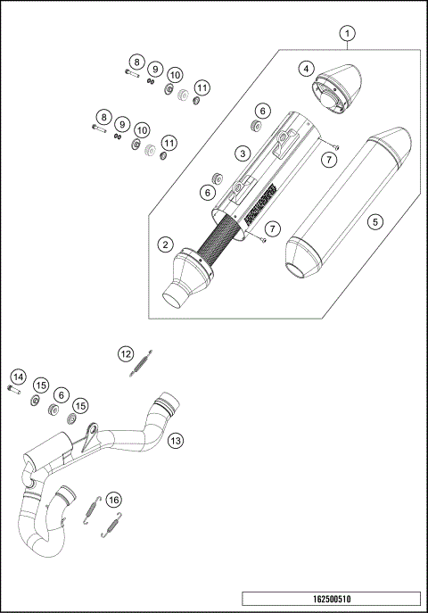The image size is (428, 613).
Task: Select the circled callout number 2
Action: [x=164, y=244]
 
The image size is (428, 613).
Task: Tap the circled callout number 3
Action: [x=241, y=153]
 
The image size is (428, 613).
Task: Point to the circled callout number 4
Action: [x=305, y=68]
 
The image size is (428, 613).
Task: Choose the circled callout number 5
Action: [x=374, y=220]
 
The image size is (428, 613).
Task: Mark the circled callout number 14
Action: [x=19, y=377]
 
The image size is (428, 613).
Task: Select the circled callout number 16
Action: [x=112, y=500]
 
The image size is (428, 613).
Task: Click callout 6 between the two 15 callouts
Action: [x=62, y=393]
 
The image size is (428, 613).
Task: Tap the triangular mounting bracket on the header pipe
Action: [x=88, y=438]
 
